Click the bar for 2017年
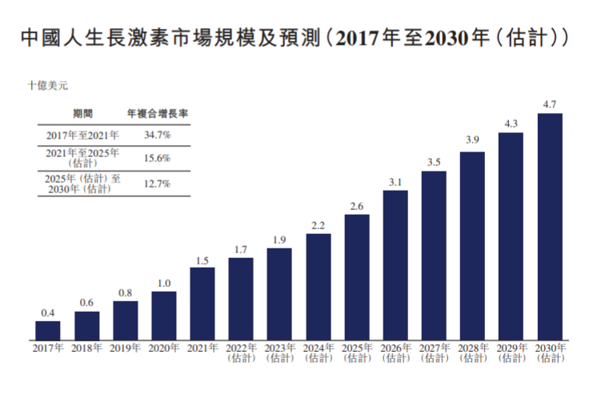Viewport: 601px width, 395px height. pos(48,330)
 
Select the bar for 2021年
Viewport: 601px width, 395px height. pos(202,303)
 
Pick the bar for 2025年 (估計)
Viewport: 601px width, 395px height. pos(357,276)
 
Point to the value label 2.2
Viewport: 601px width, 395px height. pos(319,224)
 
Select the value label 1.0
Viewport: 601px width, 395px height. pos(164,283)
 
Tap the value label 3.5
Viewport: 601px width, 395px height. pos(434,162)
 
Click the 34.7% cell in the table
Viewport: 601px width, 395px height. pos(157,135)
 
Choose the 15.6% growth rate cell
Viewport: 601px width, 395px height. pos(157,158)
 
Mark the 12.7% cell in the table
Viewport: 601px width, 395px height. pos(157,183)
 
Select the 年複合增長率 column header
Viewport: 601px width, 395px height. pos(158,114)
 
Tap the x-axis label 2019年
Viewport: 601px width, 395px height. pos(125,349)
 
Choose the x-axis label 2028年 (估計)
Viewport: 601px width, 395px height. pos(472,353)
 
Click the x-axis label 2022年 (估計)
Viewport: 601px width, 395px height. pos(241,353)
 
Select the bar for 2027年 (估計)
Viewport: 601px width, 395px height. pos(434,255)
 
